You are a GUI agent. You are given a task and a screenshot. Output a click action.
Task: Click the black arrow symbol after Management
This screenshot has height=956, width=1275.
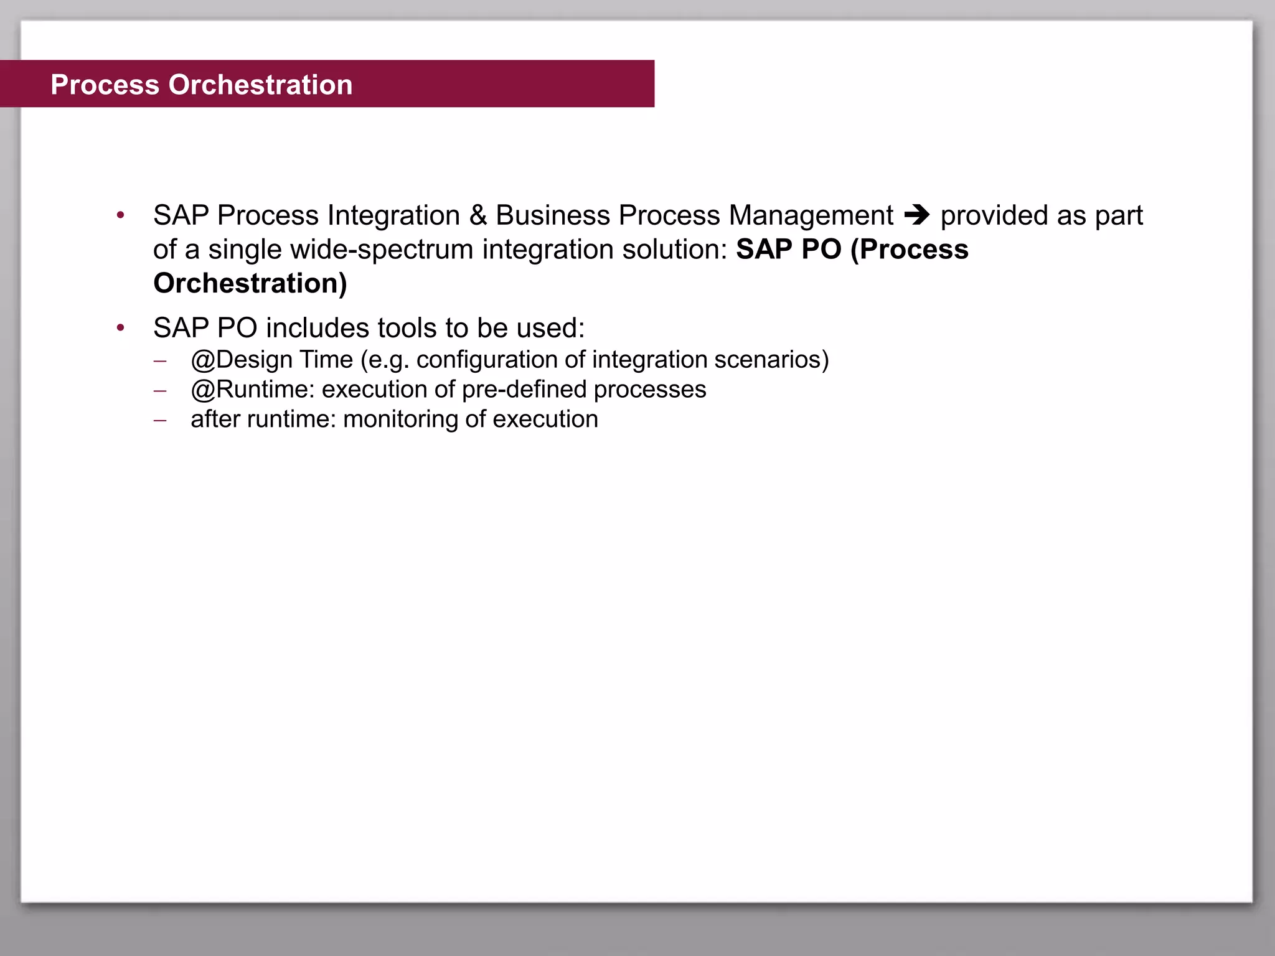916,215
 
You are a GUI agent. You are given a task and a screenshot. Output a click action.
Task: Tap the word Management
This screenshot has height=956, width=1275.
811,215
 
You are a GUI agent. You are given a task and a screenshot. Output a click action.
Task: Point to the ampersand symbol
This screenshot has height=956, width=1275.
478,215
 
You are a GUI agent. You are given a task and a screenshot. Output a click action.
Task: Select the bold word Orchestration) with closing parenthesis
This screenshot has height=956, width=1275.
250,283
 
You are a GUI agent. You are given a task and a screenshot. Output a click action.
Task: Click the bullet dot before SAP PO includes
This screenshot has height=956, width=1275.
121,328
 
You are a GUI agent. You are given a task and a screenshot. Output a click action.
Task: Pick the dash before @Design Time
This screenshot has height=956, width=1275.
160,361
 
